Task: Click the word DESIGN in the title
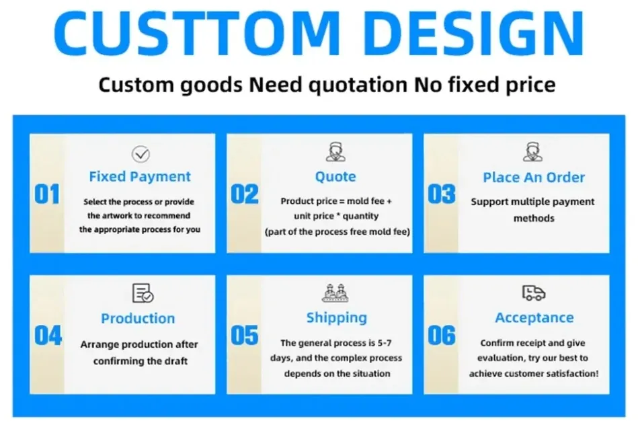pyautogui.click(x=474, y=32)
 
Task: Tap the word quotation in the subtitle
pyautogui.click(x=357, y=85)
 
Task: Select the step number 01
pyautogui.click(x=47, y=194)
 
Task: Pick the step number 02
pyautogui.click(x=245, y=194)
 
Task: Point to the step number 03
pyautogui.click(x=442, y=194)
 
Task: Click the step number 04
pyautogui.click(x=48, y=336)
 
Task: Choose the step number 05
pyautogui.click(x=245, y=336)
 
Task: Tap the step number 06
pyautogui.click(x=442, y=336)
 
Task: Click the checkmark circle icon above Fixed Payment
pyautogui.click(x=141, y=154)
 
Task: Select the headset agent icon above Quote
pyautogui.click(x=335, y=152)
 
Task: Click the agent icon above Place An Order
pyautogui.click(x=532, y=152)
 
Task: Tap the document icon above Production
pyautogui.click(x=143, y=293)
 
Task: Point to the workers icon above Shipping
pyautogui.click(x=335, y=293)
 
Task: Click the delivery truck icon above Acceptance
pyautogui.click(x=533, y=293)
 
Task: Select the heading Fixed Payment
pyautogui.click(x=140, y=177)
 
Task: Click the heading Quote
pyautogui.click(x=335, y=177)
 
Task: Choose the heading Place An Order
pyautogui.click(x=534, y=177)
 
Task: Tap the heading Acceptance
pyautogui.click(x=534, y=318)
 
